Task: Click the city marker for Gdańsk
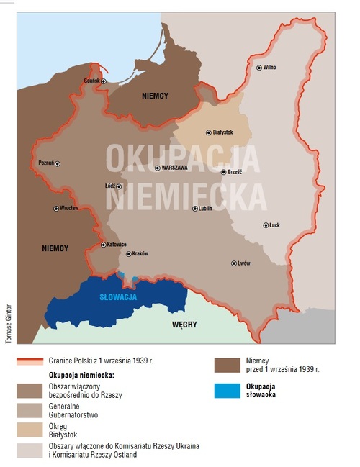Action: click(x=104, y=81)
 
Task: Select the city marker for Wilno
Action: click(x=258, y=68)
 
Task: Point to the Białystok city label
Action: click(x=222, y=132)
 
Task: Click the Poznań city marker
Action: click(x=58, y=164)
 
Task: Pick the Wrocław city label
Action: click(x=69, y=209)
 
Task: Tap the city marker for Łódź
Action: click(x=119, y=186)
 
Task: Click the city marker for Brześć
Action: click(x=223, y=172)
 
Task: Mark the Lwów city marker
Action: click(x=233, y=263)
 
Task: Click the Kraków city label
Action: click(x=140, y=254)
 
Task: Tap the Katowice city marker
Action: click(x=103, y=245)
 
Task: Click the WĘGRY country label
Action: click(x=184, y=325)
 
